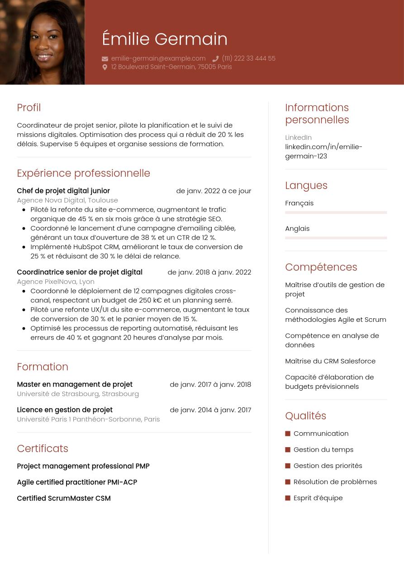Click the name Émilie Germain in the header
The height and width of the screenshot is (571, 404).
[x=165, y=39]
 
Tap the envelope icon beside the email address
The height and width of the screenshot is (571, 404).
[x=105, y=59]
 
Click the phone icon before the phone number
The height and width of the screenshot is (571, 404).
[x=215, y=59]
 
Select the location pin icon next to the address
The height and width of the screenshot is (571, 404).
[x=105, y=67]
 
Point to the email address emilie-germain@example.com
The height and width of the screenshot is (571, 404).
[x=158, y=58]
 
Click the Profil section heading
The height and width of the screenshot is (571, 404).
[x=29, y=108]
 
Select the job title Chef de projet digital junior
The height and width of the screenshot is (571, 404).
[x=63, y=191]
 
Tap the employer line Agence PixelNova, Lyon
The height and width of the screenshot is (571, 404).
[x=56, y=281]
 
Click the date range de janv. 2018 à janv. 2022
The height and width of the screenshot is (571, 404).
[x=209, y=272]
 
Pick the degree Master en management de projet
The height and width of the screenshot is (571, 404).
[x=75, y=384]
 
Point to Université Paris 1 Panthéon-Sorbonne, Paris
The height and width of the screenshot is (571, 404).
[x=88, y=419]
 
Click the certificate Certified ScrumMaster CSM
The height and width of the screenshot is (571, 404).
[x=64, y=498]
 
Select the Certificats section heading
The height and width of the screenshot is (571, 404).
[x=43, y=448]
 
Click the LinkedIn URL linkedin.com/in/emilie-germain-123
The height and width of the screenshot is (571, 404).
[x=323, y=151]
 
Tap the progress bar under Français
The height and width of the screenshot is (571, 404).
[x=336, y=212]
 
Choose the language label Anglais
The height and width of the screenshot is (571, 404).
[x=297, y=228]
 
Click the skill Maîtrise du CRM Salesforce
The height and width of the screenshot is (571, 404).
[x=330, y=361]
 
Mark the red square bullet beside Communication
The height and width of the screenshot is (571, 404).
[x=288, y=434]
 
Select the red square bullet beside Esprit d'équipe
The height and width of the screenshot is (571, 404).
[x=288, y=498]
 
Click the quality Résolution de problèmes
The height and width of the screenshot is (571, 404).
[x=335, y=481]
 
